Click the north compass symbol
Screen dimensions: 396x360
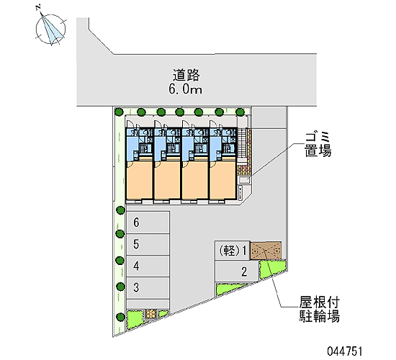[51, 28]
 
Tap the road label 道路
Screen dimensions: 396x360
[186, 75]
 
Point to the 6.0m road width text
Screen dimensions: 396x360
[185, 89]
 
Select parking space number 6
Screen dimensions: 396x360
[148, 222]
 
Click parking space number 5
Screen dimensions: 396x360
[148, 244]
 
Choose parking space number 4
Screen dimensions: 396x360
[148, 266]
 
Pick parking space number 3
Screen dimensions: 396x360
[148, 287]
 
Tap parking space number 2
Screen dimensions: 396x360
[237, 271]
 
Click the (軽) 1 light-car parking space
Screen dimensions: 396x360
[233, 251]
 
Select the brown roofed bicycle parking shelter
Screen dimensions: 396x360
[266, 251]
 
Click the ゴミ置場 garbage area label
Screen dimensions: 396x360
[318, 145]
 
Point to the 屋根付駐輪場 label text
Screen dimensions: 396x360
[319, 309]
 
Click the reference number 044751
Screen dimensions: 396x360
[345, 351]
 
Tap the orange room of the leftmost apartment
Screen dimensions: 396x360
[140, 179]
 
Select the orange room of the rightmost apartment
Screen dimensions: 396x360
[223, 179]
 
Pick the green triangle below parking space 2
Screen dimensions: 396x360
[229, 289]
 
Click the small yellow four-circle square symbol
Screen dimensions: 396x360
[150, 314]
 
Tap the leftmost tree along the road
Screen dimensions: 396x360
[119, 112]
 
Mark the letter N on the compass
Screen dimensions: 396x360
[38, 7]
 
